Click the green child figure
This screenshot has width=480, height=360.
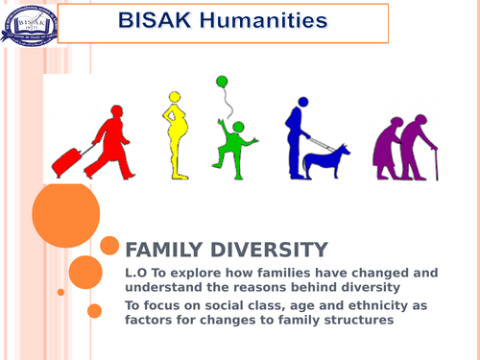coord(231,145)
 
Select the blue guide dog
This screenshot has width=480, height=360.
coord(325,162)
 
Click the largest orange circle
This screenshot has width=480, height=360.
coord(65,216)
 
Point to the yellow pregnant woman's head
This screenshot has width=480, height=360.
coord(175,98)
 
